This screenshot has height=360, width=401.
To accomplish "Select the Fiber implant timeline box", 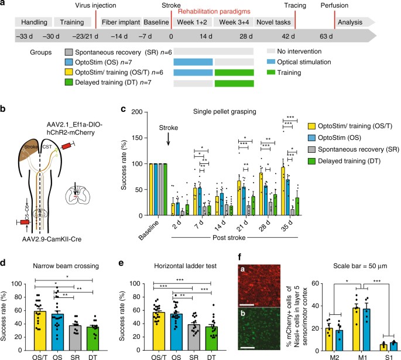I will pyautogui.click(x=121, y=22).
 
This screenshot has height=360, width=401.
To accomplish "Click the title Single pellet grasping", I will pyautogui.click(x=234, y=111).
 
